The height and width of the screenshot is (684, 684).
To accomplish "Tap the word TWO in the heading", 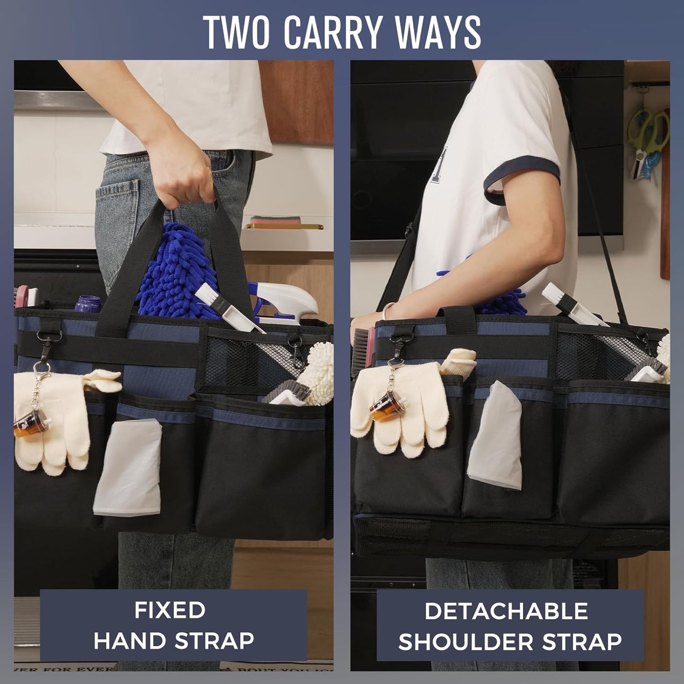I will click(236, 32).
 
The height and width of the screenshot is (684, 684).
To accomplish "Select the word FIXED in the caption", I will click(169, 610).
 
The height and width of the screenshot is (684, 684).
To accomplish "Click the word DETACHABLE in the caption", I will click(506, 611).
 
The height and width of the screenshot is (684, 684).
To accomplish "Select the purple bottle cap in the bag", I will click(88, 303).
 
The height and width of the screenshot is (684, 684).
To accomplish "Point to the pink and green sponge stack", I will click(275, 221).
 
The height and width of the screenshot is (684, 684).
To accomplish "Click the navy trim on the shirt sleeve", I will click(521, 180).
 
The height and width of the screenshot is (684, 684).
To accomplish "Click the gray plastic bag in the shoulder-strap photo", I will click(496, 435).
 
